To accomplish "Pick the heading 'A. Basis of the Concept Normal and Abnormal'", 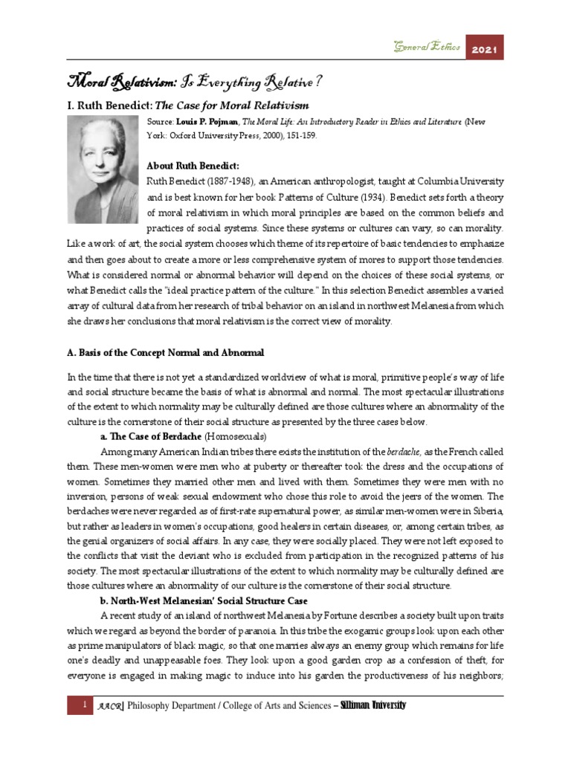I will [x=165, y=352].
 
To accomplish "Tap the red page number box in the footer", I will [x=80, y=705].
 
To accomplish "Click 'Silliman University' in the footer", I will [x=372, y=705].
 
